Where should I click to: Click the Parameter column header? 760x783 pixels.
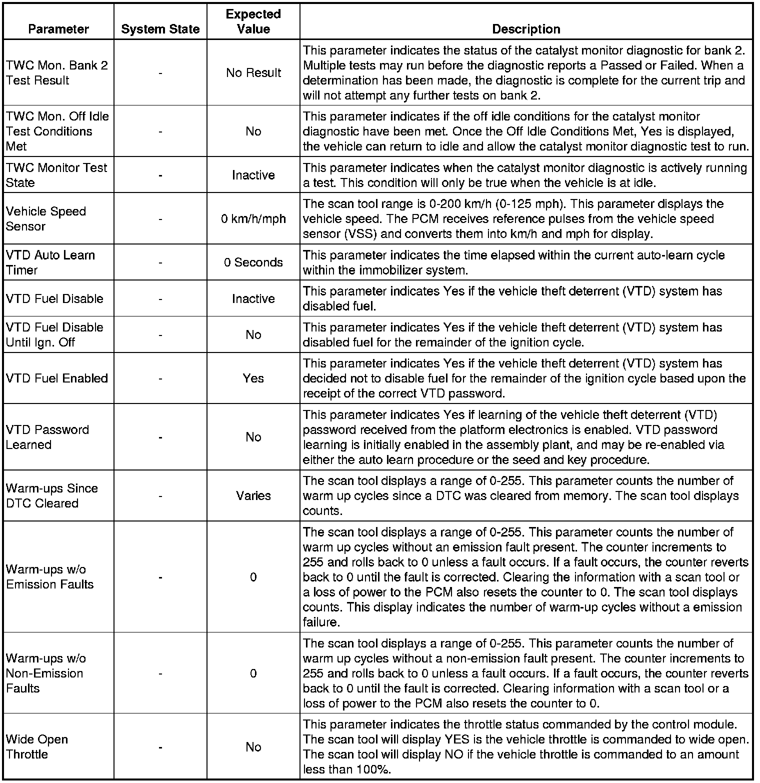pyautogui.click(x=58, y=29)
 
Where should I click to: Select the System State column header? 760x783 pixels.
pyautogui.click(x=160, y=29)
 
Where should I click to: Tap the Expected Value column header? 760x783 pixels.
pyautogui.click(x=253, y=21)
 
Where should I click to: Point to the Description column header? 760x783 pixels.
pyautogui.click(x=526, y=29)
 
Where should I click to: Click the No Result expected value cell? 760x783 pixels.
pyautogui.click(x=253, y=73)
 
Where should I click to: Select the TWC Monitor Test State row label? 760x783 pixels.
pyautogui.click(x=56, y=175)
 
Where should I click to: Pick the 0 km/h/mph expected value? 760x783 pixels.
pyautogui.click(x=253, y=218)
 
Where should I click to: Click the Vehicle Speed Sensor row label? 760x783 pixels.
pyautogui.click(x=46, y=218)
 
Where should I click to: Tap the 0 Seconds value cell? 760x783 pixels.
pyautogui.click(x=253, y=262)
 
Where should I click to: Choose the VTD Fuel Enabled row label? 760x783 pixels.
pyautogui.click(x=57, y=378)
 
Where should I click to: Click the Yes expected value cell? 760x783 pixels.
pyautogui.click(x=253, y=378)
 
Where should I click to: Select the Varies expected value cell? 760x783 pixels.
pyautogui.click(x=253, y=495)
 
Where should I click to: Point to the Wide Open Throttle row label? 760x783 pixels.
pyautogui.click(x=37, y=746)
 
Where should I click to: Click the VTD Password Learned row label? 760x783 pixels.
pyautogui.click(x=47, y=437)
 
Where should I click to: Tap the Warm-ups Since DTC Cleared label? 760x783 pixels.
pyautogui.click(x=52, y=495)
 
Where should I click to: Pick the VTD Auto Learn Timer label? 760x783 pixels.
pyautogui.click(x=50, y=262)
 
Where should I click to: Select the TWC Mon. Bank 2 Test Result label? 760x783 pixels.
pyautogui.click(x=57, y=73)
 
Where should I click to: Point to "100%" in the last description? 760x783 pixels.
pyautogui.click(x=371, y=769)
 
